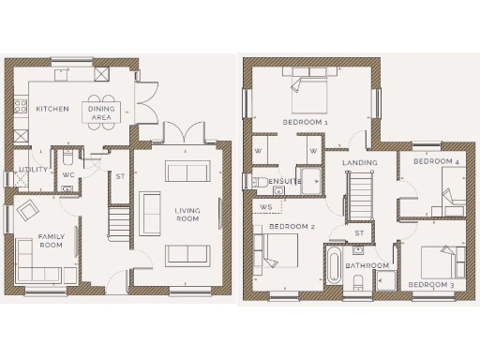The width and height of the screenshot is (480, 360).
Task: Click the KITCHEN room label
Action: pos(52,109)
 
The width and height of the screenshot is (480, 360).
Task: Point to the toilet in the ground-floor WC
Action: pos(69,157)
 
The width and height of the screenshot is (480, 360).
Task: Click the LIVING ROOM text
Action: pos(187,215)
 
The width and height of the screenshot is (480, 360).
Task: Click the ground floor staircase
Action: pos(116,223)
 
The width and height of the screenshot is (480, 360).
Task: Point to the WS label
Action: pos(266,205)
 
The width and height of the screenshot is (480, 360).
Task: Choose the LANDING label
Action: pos(360,162)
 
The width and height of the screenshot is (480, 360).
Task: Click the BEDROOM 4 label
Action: pos(436,161)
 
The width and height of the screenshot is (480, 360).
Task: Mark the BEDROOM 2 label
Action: pos(291,227)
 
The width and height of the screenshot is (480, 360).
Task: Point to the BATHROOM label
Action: pos(366,265)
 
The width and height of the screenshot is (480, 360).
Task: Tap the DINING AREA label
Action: pos(102,113)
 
